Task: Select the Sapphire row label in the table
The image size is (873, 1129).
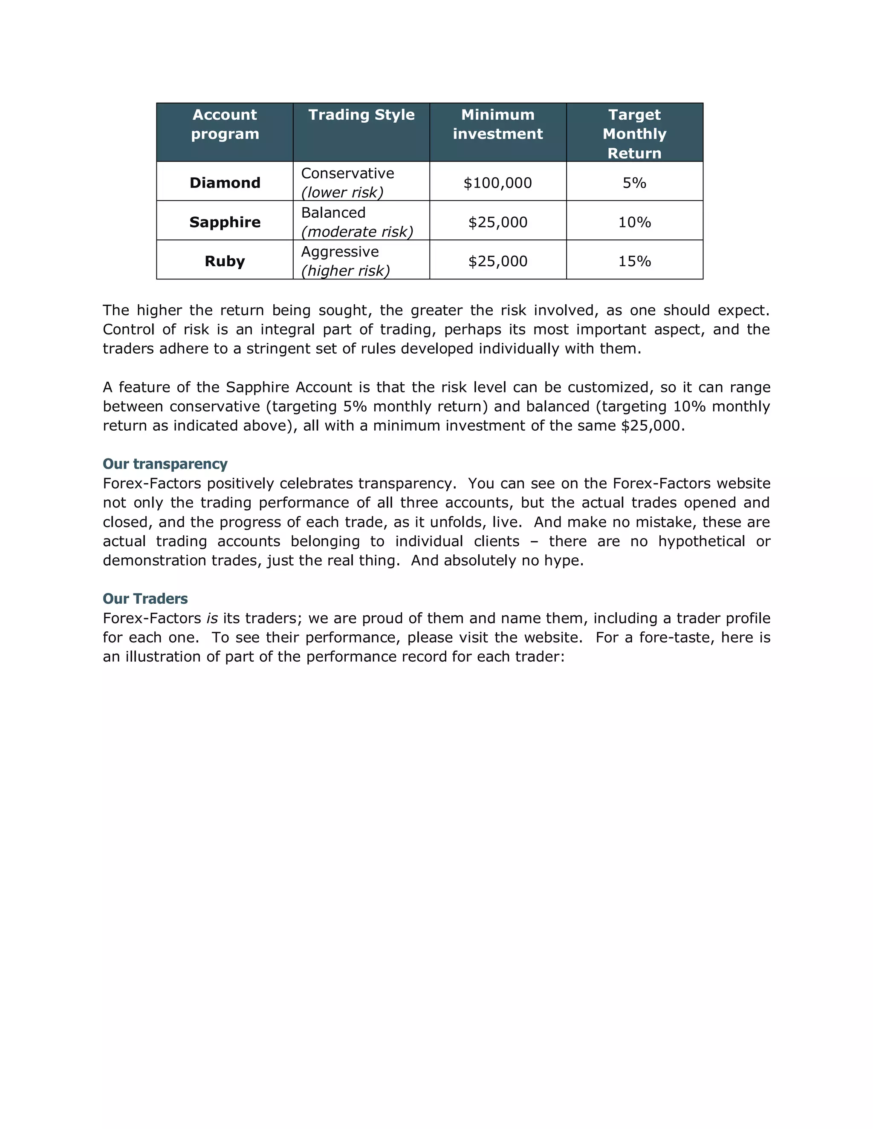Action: click(x=225, y=222)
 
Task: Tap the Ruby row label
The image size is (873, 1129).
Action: click(x=225, y=261)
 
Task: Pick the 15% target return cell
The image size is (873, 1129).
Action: click(x=635, y=261)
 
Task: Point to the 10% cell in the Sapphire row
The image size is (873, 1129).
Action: click(x=635, y=222)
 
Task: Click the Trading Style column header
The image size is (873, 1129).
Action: click(x=361, y=115)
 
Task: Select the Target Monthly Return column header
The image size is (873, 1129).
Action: click(x=635, y=133)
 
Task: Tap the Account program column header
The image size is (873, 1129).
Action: click(x=225, y=124)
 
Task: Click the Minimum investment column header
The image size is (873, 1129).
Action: click(x=497, y=124)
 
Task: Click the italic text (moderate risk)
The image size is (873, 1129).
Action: click(x=357, y=232)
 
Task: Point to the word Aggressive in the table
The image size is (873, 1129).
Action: click(x=340, y=252)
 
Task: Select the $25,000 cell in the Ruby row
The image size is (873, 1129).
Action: click(x=497, y=261)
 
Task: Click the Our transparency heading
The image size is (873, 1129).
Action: click(x=165, y=464)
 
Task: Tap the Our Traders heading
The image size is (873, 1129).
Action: click(x=145, y=599)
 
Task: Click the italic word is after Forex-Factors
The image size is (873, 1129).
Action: click(x=211, y=618)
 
